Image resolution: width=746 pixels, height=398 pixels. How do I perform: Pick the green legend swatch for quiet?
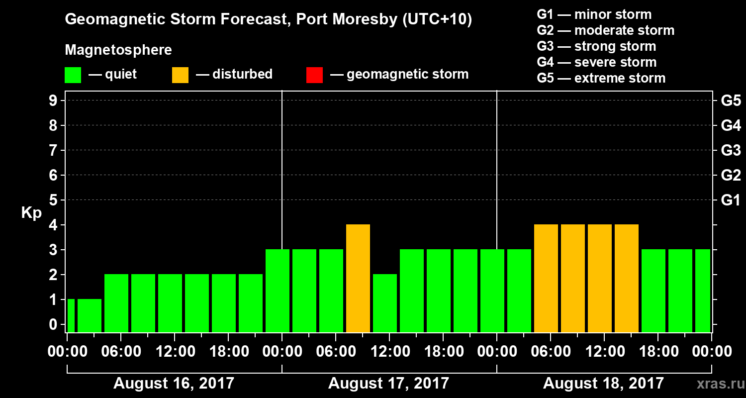[x=73, y=75]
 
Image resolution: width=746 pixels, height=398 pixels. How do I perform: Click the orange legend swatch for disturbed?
[x=180, y=75]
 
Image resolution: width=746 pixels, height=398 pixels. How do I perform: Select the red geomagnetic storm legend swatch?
[x=314, y=75]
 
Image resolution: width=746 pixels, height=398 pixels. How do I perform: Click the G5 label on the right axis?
[x=731, y=101]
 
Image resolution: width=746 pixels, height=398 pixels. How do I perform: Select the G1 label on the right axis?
[x=731, y=200]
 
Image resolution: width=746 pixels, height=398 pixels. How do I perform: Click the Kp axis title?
[x=31, y=213]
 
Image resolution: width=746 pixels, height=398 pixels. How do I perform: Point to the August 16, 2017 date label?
[x=174, y=384]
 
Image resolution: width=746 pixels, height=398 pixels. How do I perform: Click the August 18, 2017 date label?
[x=603, y=384]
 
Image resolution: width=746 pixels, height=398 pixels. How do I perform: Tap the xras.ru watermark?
[x=717, y=384]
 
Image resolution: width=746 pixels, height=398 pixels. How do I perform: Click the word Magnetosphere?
[x=118, y=50]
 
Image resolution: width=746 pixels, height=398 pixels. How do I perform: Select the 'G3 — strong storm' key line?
[x=596, y=46]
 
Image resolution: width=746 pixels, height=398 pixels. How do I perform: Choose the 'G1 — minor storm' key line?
[x=594, y=14]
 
